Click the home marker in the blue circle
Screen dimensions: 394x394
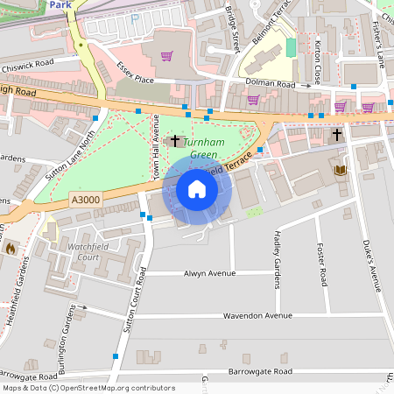[197, 188]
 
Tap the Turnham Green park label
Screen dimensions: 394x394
[193, 149]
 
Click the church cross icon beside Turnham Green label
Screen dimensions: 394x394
[175, 140]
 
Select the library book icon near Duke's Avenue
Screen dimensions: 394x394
[340, 169]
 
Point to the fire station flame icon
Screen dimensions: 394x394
[10, 249]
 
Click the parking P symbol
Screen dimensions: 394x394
[134, 18]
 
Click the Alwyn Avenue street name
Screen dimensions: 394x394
[210, 273]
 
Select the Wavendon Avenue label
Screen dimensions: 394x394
[257, 315]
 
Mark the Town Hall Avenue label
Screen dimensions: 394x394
[157, 147]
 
